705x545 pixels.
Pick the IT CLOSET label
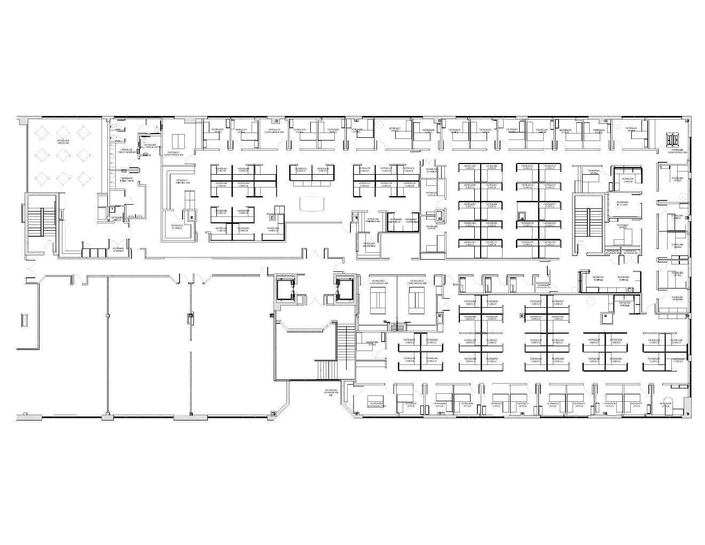623,204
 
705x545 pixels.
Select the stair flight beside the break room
42,219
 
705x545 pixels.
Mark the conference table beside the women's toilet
177,141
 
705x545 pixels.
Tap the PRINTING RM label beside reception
373,220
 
